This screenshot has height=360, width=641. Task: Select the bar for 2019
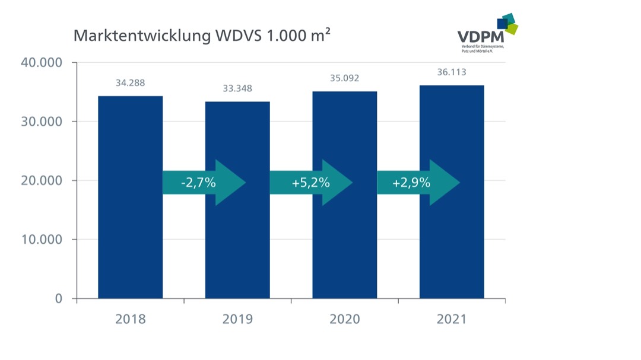[237, 249]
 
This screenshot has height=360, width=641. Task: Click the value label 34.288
[130, 83]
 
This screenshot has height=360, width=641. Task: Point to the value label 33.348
[237, 89]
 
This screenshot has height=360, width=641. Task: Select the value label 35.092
[344, 78]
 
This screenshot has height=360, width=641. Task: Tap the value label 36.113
[452, 72]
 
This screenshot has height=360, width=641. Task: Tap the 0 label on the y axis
[58, 298]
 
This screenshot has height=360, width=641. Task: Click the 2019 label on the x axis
[237, 320]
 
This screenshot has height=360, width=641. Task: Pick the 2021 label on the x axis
[452, 320]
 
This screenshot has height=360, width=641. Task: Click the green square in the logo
[511, 28]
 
